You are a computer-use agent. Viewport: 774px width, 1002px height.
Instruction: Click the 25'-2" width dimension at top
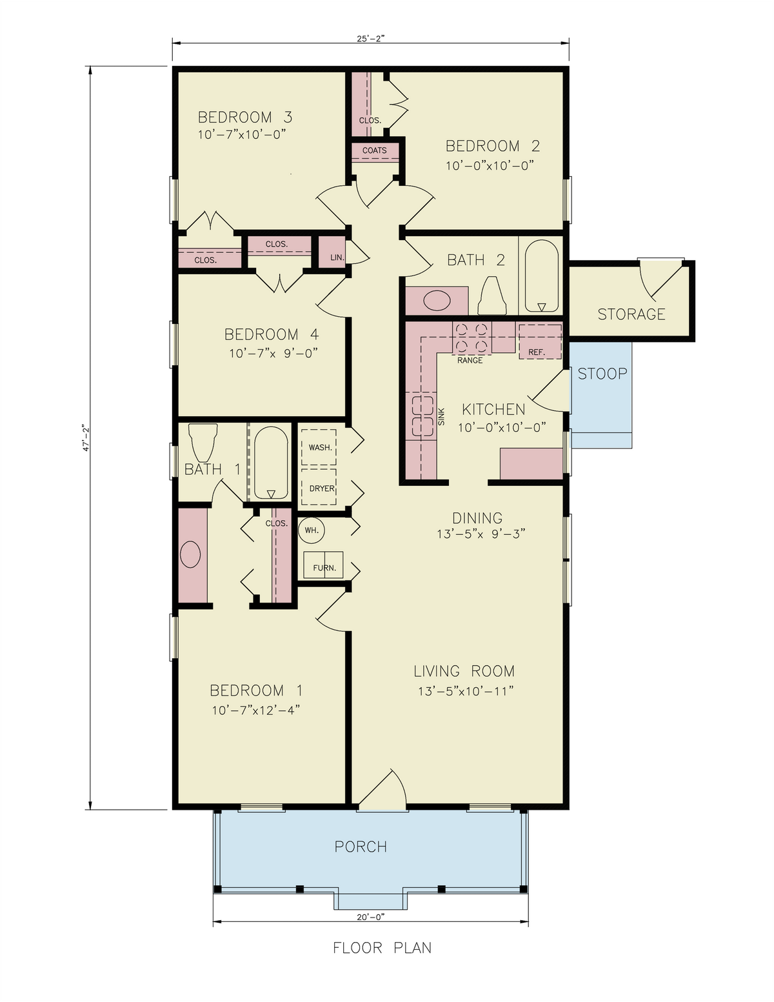(x=371, y=38)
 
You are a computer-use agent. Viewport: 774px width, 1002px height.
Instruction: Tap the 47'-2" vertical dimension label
(x=84, y=438)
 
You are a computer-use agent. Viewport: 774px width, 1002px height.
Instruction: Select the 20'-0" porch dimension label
(x=370, y=915)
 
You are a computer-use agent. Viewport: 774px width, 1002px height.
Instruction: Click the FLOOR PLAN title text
(x=382, y=948)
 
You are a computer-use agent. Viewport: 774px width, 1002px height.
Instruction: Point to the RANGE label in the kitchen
(x=470, y=360)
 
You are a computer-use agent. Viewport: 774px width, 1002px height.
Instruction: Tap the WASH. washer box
(x=320, y=447)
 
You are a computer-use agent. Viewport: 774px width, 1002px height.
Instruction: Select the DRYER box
(x=321, y=488)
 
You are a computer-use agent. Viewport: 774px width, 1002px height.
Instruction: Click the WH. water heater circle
(x=312, y=530)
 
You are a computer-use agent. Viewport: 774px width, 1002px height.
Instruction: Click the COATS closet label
(x=375, y=150)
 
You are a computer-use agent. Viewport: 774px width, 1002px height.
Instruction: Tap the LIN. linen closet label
(x=337, y=257)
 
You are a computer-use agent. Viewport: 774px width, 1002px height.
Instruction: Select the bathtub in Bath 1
(x=271, y=463)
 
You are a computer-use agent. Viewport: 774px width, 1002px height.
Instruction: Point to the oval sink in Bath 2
(x=437, y=301)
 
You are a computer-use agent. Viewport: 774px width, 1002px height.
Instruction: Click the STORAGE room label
(x=631, y=314)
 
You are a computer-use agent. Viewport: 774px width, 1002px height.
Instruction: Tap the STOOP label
(x=602, y=374)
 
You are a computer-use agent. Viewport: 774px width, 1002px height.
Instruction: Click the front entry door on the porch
(x=381, y=790)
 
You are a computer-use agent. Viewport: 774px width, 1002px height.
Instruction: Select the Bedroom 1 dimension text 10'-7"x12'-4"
(x=255, y=710)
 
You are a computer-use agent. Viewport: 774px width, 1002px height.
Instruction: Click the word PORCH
(x=361, y=847)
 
